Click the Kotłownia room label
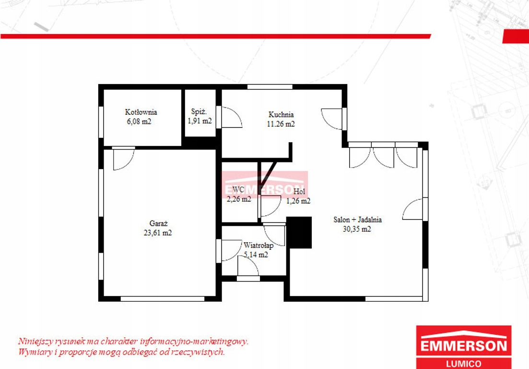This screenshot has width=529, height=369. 141,112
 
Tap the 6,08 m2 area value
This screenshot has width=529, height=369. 139,121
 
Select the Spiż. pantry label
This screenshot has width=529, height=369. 199,111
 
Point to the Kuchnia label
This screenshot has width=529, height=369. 281,114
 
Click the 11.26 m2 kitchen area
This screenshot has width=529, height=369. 281,124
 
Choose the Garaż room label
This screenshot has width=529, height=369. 159,223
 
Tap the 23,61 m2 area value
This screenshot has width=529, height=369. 158,233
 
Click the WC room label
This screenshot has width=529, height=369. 238,190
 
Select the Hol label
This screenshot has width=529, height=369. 299,192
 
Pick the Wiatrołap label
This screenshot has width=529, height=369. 259,246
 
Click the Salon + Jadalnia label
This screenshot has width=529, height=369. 358,220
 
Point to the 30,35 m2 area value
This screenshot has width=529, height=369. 357,229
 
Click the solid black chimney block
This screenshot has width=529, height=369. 299,233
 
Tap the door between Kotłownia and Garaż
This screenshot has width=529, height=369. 123,159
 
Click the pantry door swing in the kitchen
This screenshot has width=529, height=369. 232,117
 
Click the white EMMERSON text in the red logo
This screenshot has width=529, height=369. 464,345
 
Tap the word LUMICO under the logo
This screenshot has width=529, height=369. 464,364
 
